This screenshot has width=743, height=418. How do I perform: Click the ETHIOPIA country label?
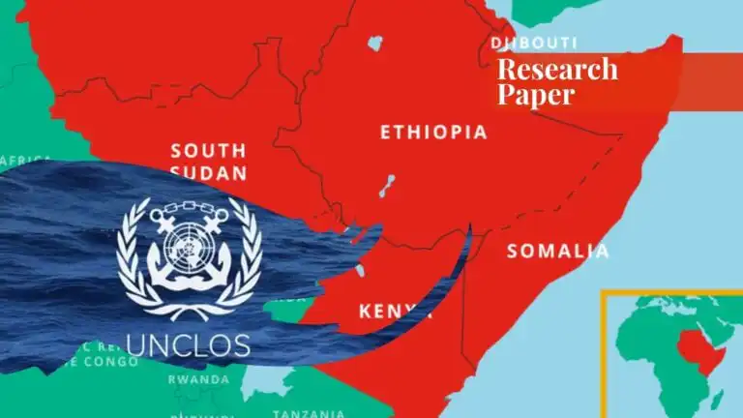click(433, 133)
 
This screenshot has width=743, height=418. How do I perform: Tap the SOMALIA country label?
click(558, 252)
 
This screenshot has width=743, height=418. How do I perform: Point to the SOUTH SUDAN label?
click(208, 162)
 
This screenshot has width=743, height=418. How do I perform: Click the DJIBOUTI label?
click(534, 44)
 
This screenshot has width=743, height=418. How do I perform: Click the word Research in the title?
click(556, 69)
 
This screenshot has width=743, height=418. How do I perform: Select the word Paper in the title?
click(535, 94)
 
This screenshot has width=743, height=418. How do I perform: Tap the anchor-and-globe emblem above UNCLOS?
click(190, 255)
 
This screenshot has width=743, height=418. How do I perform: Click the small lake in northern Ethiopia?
click(373, 44)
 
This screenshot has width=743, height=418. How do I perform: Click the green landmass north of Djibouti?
click(551, 10)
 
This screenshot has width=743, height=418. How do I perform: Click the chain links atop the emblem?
click(189, 204)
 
